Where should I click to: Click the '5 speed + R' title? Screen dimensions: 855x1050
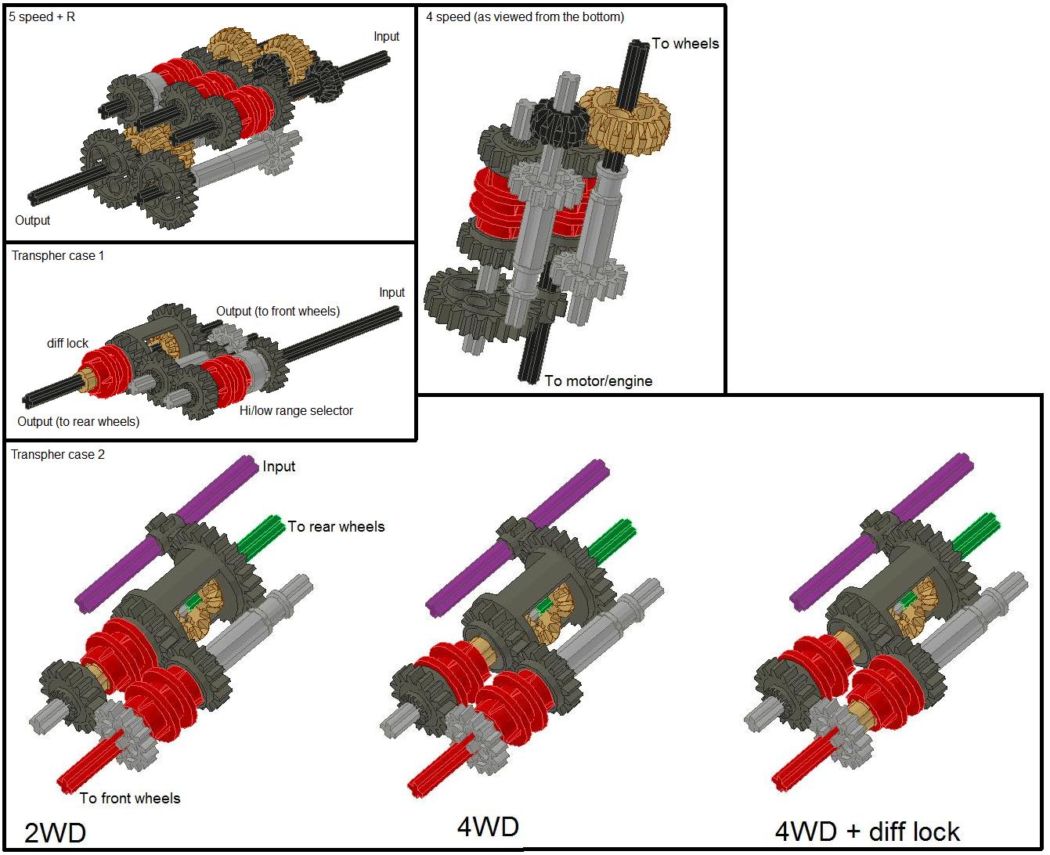coord(42,16)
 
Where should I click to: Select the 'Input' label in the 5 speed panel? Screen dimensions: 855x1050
coord(386,37)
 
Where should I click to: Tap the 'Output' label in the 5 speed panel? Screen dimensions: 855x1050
coord(33,221)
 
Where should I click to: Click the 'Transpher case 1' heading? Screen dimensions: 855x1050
coord(57,256)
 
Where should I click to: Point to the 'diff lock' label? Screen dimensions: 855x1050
coord(67,344)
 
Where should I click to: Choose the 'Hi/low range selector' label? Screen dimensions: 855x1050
coord(296,411)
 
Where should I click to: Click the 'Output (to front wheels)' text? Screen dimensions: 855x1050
coord(278,312)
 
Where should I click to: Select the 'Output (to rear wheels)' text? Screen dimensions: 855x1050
coord(78,422)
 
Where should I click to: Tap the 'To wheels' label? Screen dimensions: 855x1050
coord(685,44)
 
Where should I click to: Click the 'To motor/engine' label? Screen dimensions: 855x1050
coord(598,381)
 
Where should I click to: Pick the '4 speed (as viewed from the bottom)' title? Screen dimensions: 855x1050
coord(525,16)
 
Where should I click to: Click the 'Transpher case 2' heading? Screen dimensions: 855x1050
coord(57,455)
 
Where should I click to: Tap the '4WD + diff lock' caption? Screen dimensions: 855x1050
coord(867,832)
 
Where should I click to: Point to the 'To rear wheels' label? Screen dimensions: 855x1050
coord(336,527)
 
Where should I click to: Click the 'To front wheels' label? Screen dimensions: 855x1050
coord(130,799)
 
